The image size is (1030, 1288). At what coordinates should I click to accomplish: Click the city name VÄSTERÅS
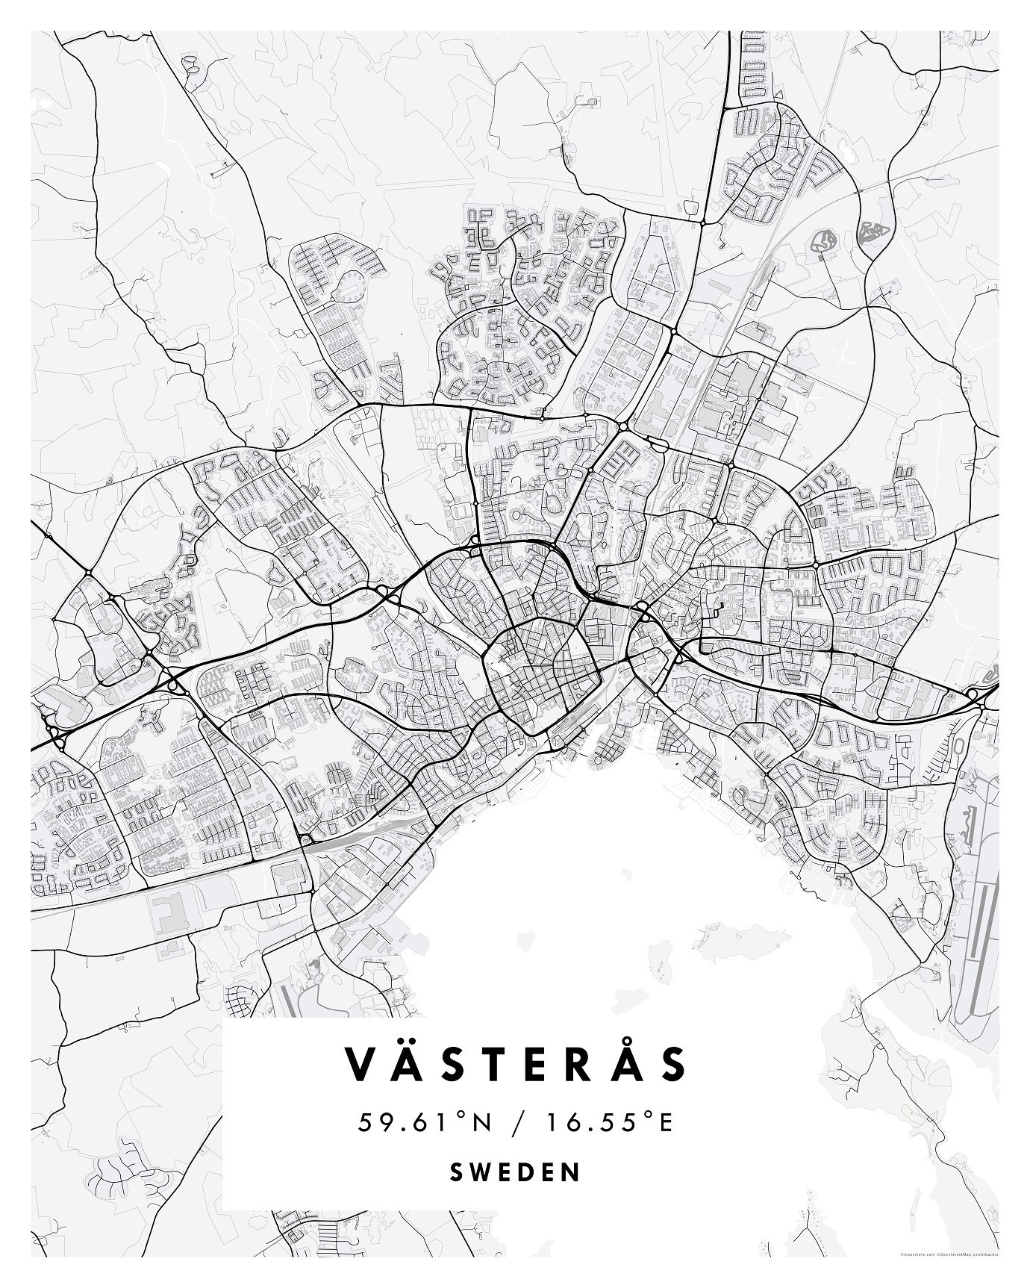pyautogui.click(x=514, y=1064)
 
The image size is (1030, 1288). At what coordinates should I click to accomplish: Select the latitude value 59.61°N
pyautogui.click(x=425, y=1122)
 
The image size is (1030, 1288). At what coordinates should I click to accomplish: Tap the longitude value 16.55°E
pyautogui.click(x=608, y=1122)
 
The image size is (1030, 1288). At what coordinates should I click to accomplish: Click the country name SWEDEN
pyautogui.click(x=514, y=1172)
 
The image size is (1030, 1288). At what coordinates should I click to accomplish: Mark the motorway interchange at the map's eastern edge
pyautogui.click(x=973, y=694)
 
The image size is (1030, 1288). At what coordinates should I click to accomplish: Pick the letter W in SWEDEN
pyautogui.click(x=478, y=1172)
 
